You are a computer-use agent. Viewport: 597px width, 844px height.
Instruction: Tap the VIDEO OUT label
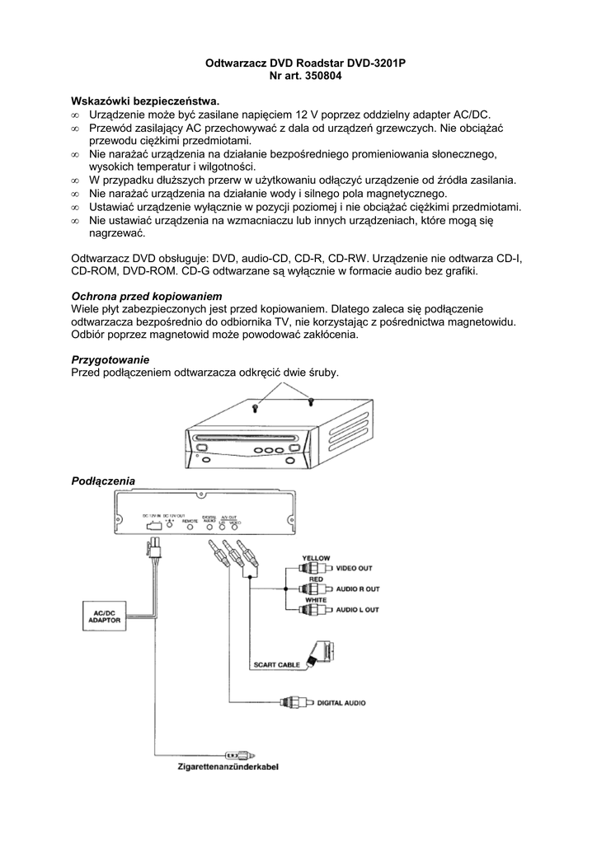pos(354,569)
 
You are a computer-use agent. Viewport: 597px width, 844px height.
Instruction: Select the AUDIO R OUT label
pos(357,589)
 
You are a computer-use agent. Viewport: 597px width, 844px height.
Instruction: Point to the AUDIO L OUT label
pos(357,610)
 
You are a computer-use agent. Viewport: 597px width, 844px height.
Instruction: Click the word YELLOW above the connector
pos(316,558)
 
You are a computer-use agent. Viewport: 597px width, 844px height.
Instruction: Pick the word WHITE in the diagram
pos(316,599)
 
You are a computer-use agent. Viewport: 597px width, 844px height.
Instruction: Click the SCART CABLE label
pos(276,664)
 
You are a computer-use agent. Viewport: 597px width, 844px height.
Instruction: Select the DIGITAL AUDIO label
pos(342,703)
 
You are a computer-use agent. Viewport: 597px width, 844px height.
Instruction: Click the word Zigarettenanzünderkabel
pos(228,767)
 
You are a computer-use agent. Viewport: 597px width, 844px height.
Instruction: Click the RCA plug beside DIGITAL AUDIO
pos(294,703)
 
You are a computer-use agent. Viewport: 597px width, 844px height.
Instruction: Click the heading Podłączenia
pos(103,481)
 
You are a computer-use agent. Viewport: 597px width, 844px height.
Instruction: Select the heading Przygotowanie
pos(110,359)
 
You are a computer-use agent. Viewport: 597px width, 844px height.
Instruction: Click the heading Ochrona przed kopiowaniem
pos(148,295)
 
